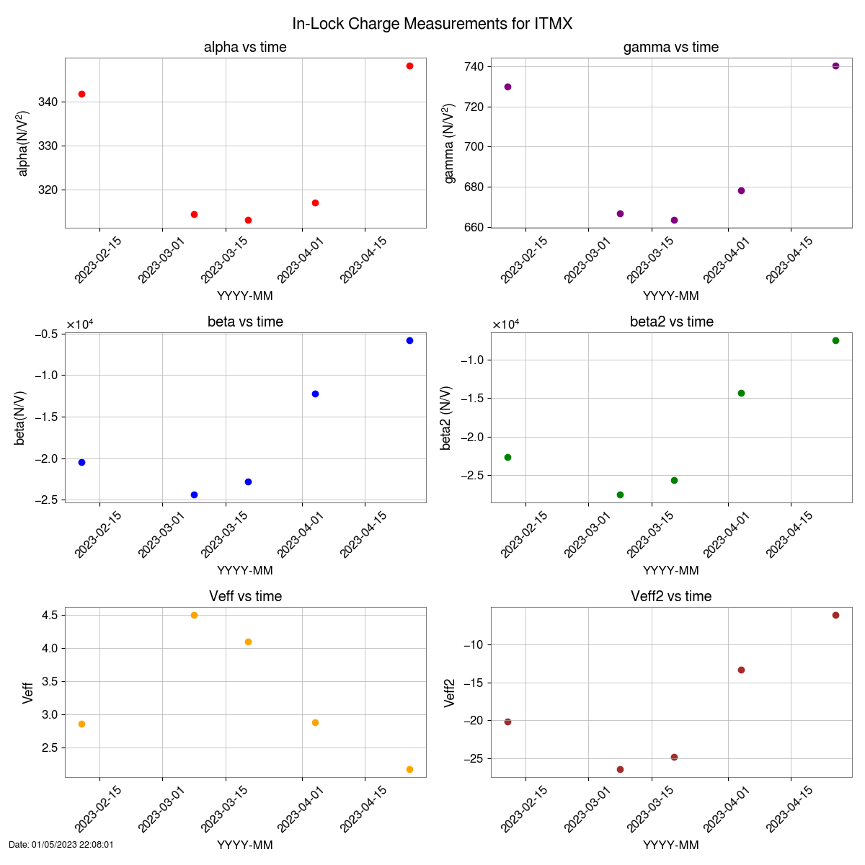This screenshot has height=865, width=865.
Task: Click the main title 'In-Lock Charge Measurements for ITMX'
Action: tap(432, 24)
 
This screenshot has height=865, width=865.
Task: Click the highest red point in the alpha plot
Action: tap(409, 66)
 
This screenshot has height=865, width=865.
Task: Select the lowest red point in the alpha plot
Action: tap(248, 220)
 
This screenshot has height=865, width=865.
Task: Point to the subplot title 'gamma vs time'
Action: tap(670, 48)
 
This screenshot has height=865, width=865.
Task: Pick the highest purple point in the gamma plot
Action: tap(835, 66)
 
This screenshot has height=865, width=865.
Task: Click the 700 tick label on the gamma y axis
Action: tap(473, 147)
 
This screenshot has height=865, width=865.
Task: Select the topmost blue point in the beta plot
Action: tap(409, 340)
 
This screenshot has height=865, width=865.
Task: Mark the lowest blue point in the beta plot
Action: tap(194, 494)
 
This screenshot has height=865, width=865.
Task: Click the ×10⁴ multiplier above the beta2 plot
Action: tap(505, 324)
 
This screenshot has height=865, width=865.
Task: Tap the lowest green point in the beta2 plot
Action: tap(620, 494)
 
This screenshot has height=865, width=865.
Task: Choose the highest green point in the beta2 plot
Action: tap(835, 340)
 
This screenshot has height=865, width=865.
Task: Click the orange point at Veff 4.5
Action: tap(194, 615)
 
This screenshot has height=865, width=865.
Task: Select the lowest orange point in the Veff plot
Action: tap(409, 769)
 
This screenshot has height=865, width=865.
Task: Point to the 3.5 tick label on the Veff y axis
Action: tap(50, 681)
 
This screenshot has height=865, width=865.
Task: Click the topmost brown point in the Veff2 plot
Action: tap(835, 615)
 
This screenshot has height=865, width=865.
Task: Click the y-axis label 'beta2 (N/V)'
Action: tap(446, 417)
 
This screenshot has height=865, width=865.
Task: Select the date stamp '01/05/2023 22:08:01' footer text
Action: tap(61, 845)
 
